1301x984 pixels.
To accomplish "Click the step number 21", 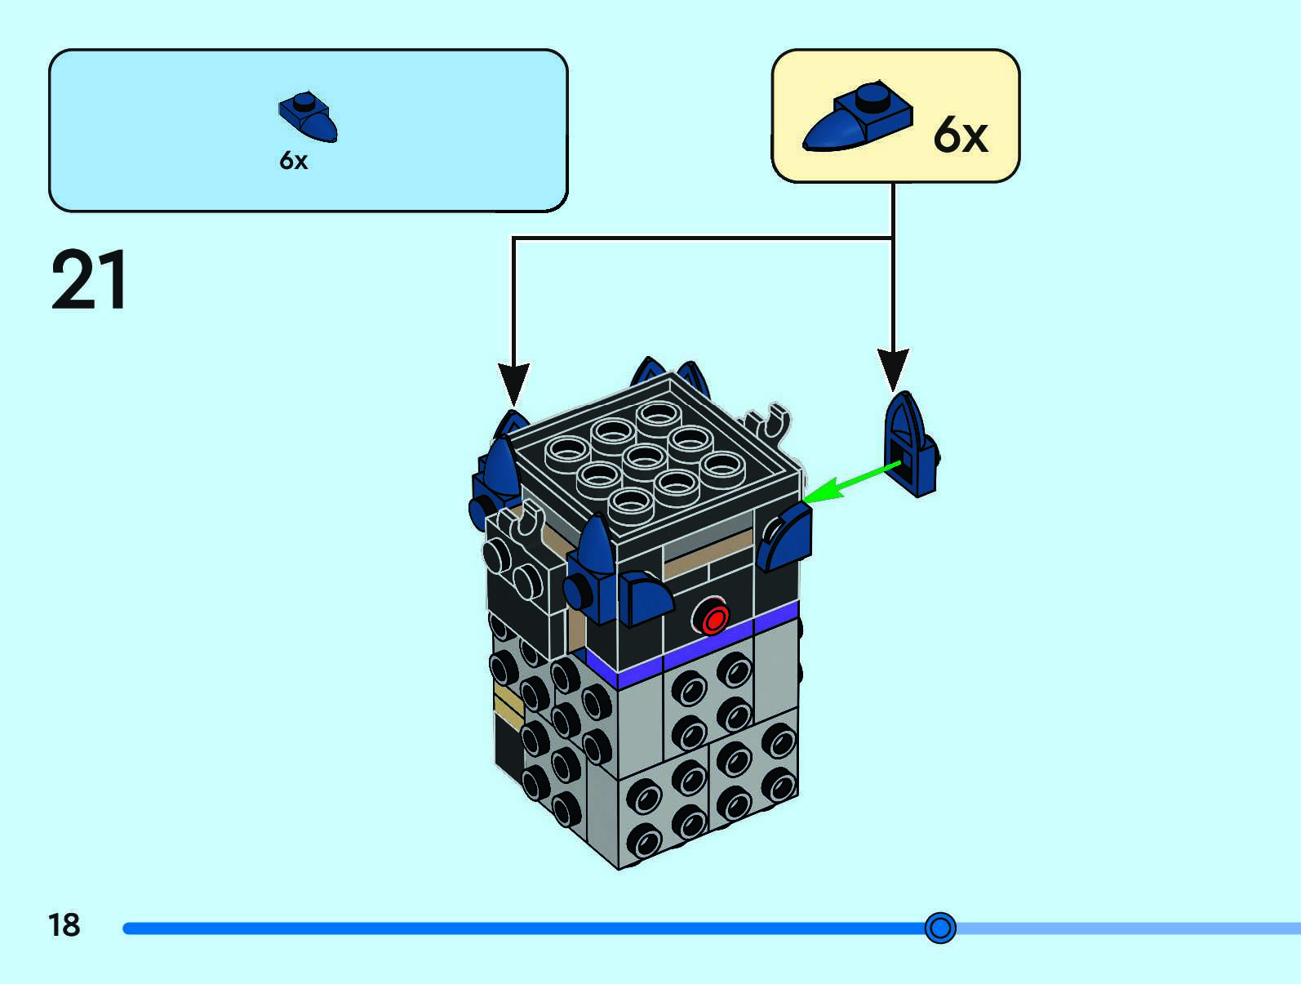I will [x=89, y=280].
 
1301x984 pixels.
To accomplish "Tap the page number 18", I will [x=64, y=925].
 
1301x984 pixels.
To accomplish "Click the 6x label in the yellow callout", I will [x=960, y=135].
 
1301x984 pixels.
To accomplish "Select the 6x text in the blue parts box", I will [x=294, y=160].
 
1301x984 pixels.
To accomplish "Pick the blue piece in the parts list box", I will [x=308, y=117].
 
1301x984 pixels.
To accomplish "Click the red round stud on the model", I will [x=714, y=619].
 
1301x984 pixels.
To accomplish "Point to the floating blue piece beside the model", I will [x=910, y=446].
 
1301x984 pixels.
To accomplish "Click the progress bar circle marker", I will [x=940, y=928].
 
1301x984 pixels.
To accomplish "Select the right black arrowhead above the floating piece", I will [x=893, y=367].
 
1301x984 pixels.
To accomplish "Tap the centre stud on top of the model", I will [x=644, y=459].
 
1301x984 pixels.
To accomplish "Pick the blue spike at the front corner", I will [x=596, y=545].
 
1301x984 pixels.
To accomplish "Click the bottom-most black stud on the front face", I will [x=644, y=840].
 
